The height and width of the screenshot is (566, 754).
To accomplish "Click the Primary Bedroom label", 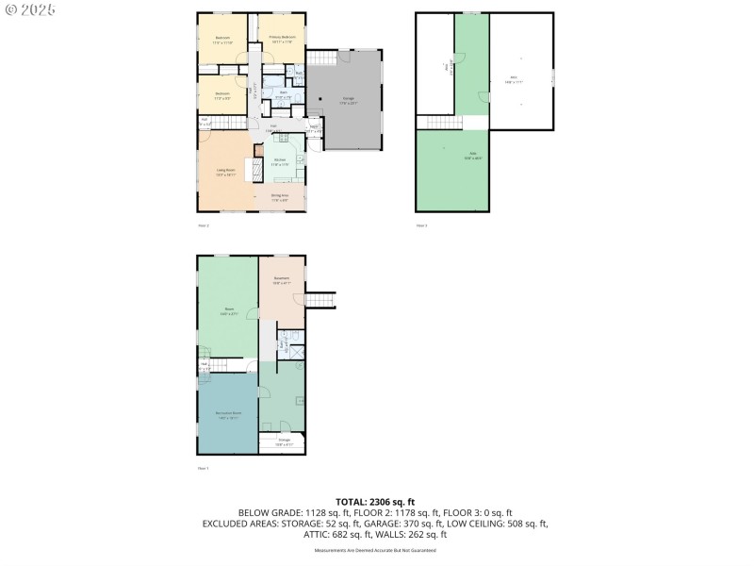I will (281, 39).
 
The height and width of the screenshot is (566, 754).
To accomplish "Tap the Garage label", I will (348, 101).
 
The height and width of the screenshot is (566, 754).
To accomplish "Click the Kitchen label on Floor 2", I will (280, 161).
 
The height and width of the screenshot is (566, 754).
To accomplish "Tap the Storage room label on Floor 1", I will (284, 441).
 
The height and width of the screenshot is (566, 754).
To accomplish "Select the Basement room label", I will (282, 280).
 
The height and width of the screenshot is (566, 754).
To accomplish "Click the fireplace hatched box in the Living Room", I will (252, 170).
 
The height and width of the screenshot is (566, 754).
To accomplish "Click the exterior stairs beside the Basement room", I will (322, 300).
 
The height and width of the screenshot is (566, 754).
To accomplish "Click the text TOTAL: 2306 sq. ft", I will (375, 502).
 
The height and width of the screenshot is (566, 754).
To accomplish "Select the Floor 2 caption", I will (203, 225).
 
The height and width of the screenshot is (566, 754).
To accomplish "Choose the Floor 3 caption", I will (421, 225).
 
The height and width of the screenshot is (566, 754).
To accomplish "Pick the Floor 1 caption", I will (203, 468).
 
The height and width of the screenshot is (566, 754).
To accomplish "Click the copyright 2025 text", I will (30, 9).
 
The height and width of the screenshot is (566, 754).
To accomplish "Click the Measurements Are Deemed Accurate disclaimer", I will (375, 550).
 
